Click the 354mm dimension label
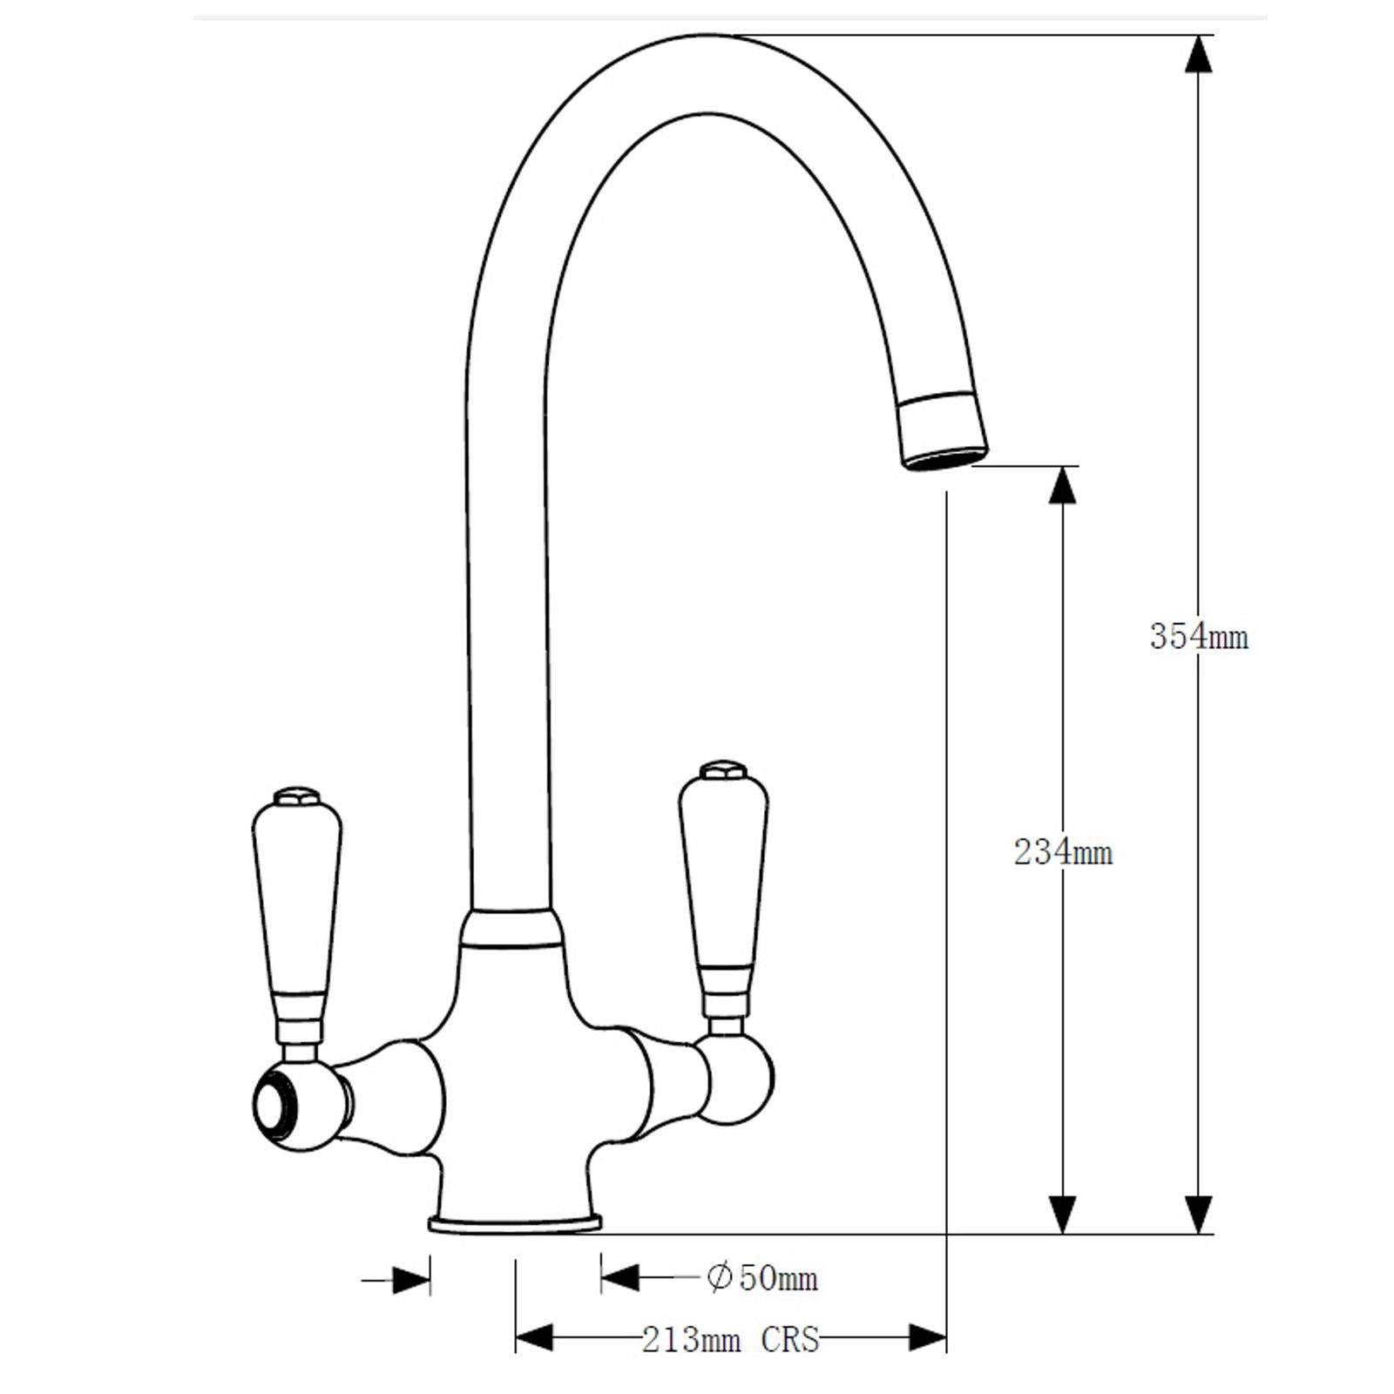pos(1198,637)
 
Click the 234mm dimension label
pos(1063,852)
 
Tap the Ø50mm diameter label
pos(762,1278)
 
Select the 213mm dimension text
pos(691,1339)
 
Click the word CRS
pos(789,1339)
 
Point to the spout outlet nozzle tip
pos(945,454)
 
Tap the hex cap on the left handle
pos(296,796)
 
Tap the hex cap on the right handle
pos(723,769)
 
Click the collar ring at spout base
pos(511,929)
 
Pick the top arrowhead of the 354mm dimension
pos(1199,54)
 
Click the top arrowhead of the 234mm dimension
pos(1062,485)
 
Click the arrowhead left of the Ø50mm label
pos(619,1278)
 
